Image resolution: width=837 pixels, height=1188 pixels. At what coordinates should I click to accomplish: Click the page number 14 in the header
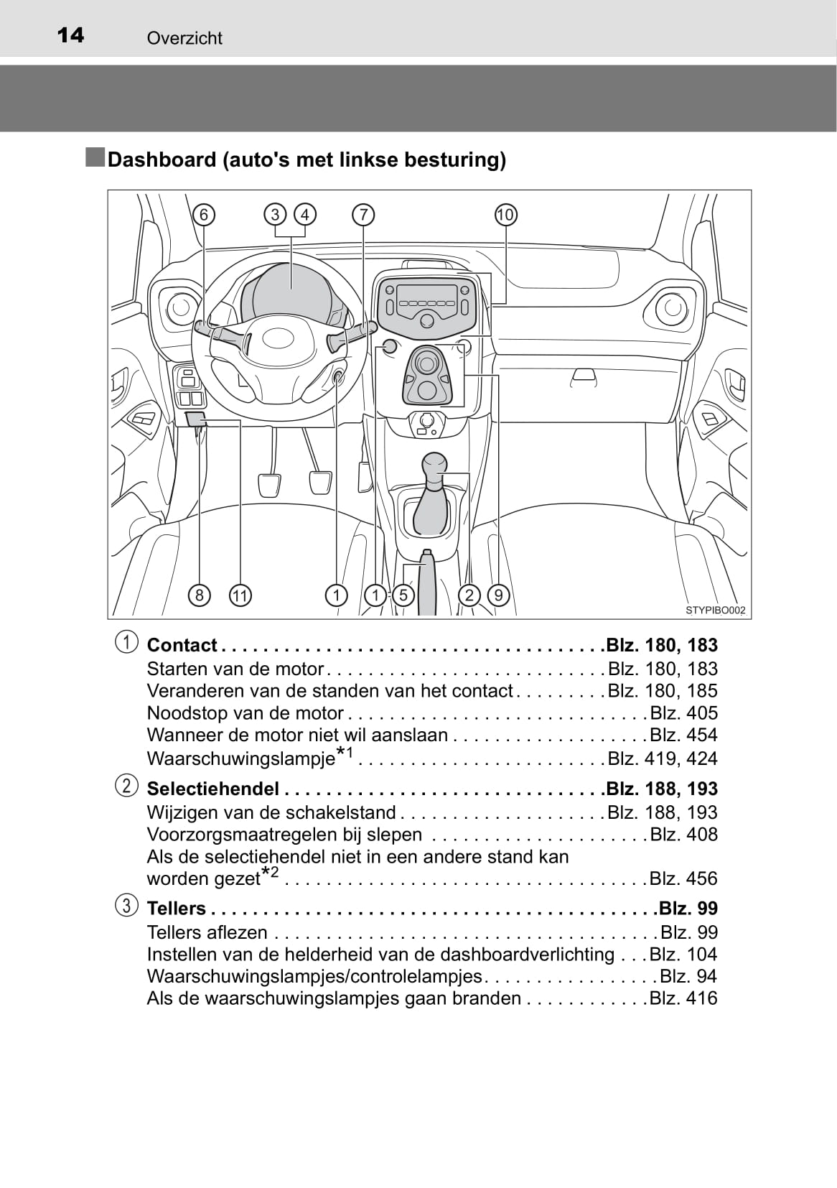coord(70,35)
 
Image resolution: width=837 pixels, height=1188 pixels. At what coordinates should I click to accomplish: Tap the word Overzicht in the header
coord(184,38)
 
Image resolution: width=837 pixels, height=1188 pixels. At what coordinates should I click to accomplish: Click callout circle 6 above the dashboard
coord(204,215)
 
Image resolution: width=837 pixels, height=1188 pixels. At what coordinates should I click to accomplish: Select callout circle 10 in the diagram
coord(505,215)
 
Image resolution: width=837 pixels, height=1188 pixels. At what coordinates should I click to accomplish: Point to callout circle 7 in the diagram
coord(364,215)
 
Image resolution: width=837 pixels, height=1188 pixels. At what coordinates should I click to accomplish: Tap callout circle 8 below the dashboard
coord(200,595)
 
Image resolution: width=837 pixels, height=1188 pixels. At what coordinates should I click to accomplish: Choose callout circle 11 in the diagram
coord(240,595)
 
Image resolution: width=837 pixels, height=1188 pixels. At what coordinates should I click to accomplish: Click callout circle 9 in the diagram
coord(498,595)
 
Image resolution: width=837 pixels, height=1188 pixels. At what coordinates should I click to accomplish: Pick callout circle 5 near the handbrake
coord(403,595)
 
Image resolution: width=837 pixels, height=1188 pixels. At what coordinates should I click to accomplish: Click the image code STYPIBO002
coord(715,611)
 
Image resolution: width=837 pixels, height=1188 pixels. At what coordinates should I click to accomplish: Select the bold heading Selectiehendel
coord(212,789)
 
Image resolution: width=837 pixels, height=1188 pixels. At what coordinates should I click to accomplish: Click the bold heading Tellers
coord(176,909)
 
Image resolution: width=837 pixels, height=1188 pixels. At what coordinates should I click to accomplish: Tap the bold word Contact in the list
coord(182,645)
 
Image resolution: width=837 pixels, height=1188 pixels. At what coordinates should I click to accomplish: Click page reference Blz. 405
coord(683,713)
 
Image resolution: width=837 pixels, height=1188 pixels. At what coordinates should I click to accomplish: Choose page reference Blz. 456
coord(683,878)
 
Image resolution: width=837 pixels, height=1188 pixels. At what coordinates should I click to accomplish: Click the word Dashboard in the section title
coord(162,159)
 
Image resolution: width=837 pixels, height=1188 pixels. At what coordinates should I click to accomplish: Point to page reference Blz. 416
coord(683,998)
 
